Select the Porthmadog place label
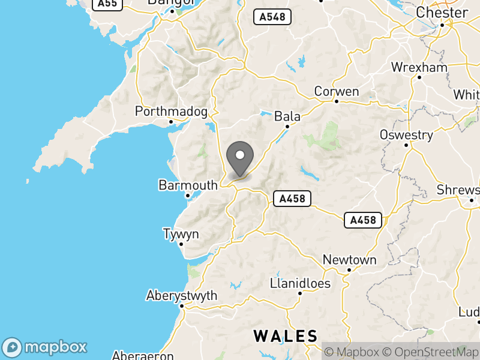click(x=171, y=112)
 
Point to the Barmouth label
click(x=188, y=185)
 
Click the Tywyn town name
click(x=181, y=234)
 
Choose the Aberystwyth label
click(x=182, y=296)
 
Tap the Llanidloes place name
click(x=300, y=283)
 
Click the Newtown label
click(x=349, y=260)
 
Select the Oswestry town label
click(x=406, y=135)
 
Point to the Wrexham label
click(x=419, y=67)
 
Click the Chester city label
click(x=442, y=13)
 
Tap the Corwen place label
click(x=337, y=92)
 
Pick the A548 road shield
click(x=272, y=17)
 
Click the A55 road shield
click(x=108, y=4)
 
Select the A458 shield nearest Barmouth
click(x=292, y=199)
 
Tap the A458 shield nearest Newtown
click(x=364, y=220)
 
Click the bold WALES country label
click(x=285, y=335)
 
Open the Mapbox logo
click(x=45, y=347)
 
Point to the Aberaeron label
click(x=143, y=355)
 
